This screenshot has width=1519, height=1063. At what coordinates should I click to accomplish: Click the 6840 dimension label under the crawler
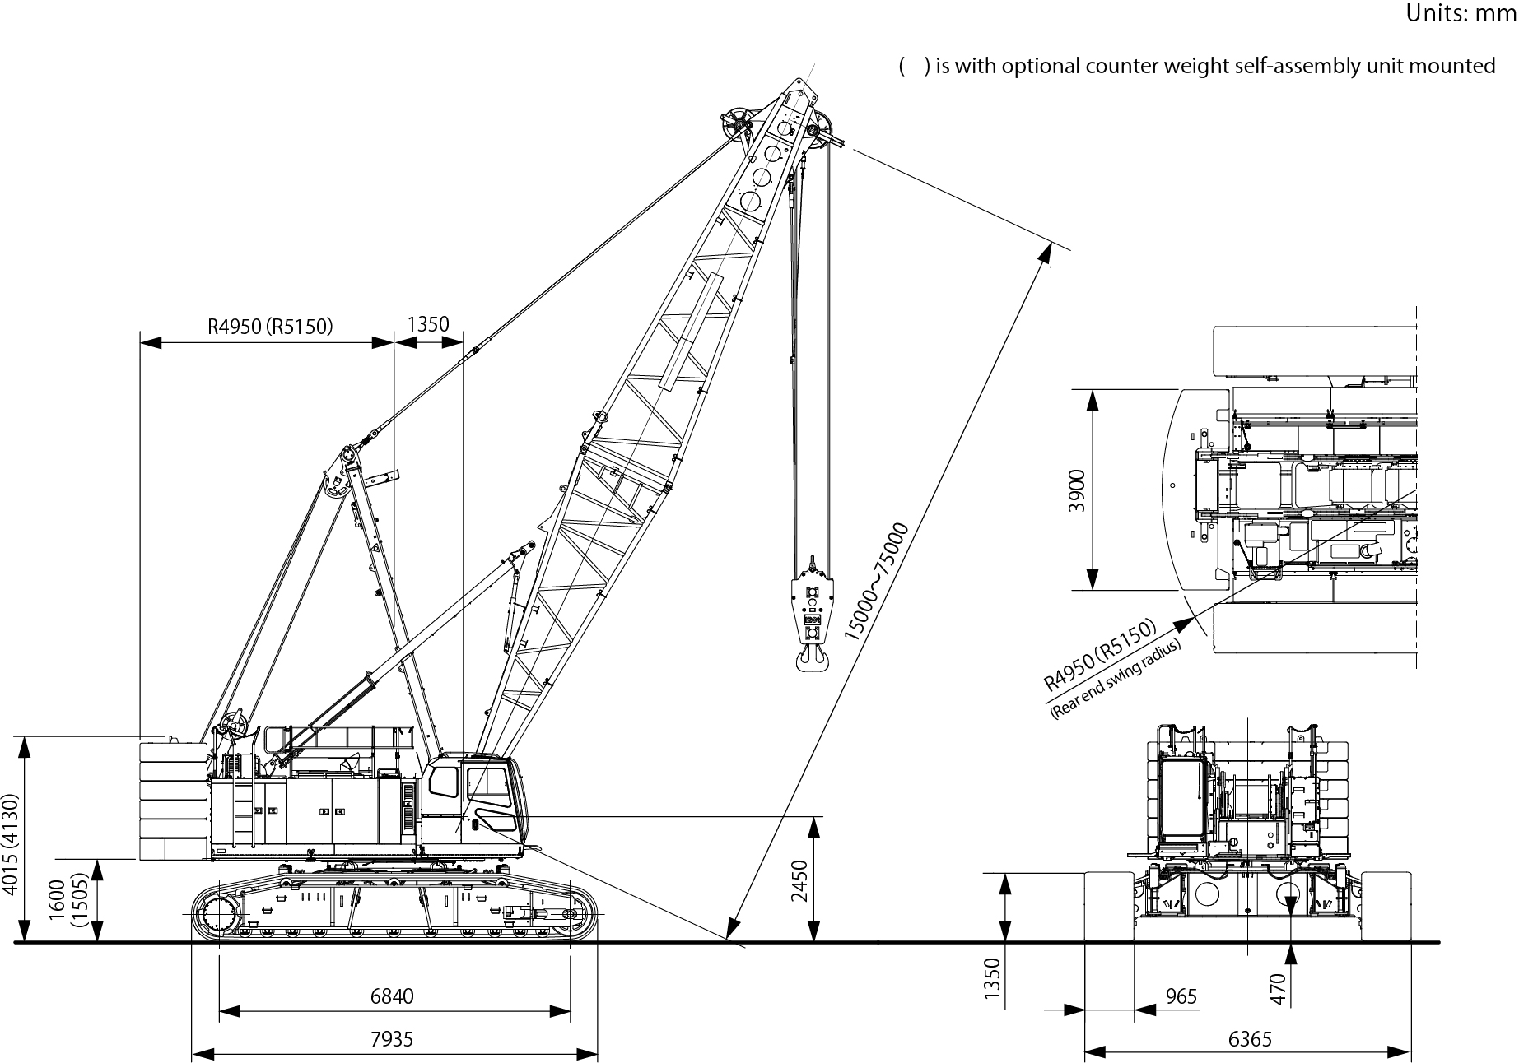pos(392,996)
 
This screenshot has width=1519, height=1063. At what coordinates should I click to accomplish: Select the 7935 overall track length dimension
pos(392,1039)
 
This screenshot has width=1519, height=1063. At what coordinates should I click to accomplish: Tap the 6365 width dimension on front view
pos(1250,1039)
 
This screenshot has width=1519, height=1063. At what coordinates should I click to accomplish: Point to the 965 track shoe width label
pos(1181,996)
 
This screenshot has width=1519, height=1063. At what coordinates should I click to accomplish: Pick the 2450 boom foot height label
pos(799,880)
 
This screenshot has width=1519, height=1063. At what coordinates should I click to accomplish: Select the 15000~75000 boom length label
pos(876,582)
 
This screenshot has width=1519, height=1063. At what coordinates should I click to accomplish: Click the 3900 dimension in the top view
pos(1076,490)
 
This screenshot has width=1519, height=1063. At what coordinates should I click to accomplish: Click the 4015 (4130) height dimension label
pos(9,843)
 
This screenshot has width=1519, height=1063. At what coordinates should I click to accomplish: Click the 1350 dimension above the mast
pos(428,323)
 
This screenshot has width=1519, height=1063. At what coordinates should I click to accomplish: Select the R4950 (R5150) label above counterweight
pos(270,327)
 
